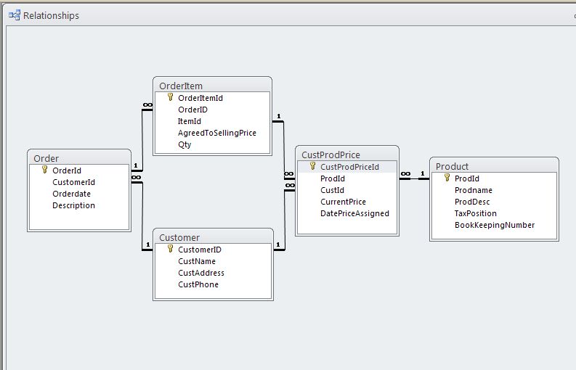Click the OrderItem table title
tap(181, 86)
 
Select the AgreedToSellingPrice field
tap(216, 133)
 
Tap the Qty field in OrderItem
tap(184, 144)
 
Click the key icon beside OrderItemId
tap(171, 97)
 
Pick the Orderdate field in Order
tap(72, 194)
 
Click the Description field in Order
tap(73, 205)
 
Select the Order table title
tap(46, 158)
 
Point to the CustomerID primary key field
tap(199, 250)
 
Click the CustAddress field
tap(200, 273)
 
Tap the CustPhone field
tap(198, 284)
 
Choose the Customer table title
tap(179, 237)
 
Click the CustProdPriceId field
tap(349, 167)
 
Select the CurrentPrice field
tap(343, 202)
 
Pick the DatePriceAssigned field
tap(354, 213)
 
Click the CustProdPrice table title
tap(330, 155)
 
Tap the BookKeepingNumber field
tap(494, 225)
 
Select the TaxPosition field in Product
tap(475, 213)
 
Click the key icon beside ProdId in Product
tap(447, 178)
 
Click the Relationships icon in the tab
tap(15, 15)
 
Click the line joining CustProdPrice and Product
tap(414, 178)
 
